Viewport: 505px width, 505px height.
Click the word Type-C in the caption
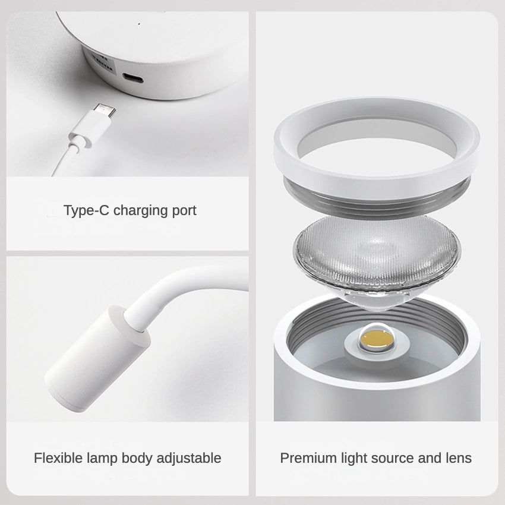point(87,210)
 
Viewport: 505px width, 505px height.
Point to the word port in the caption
point(182,210)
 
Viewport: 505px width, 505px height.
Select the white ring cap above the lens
point(376,143)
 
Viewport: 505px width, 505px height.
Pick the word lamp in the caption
point(103,458)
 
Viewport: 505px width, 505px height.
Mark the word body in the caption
point(138,458)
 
